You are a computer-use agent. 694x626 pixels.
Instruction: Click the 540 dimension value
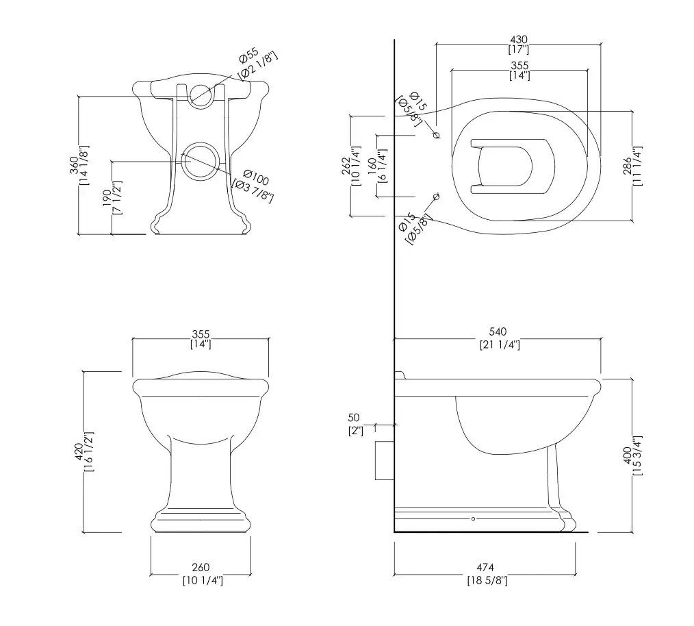coord(498,331)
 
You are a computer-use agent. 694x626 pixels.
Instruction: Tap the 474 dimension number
coord(485,567)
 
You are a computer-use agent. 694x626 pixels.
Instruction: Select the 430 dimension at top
coord(519,40)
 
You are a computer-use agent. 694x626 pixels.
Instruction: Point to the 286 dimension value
coord(627,166)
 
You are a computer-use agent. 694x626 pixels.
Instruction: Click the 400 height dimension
coord(627,455)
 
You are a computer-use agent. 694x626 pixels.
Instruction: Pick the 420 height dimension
coord(79,451)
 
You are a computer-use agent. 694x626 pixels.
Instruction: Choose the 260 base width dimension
coord(201,567)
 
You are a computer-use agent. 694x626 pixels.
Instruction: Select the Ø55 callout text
coord(248,56)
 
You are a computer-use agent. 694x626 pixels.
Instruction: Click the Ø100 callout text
coord(256,177)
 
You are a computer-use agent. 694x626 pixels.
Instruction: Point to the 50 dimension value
coord(354,417)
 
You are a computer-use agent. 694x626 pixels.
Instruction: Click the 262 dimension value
coord(346,166)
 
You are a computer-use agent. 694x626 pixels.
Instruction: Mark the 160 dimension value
coord(372,164)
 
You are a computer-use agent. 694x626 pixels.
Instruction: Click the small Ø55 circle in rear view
coord(201,97)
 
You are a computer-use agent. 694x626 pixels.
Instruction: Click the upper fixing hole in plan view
coord(437,135)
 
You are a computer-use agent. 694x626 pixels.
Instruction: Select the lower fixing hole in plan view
coord(437,197)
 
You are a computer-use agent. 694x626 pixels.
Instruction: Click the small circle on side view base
coord(473,518)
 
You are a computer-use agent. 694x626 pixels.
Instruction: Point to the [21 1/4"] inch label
coord(500,345)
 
